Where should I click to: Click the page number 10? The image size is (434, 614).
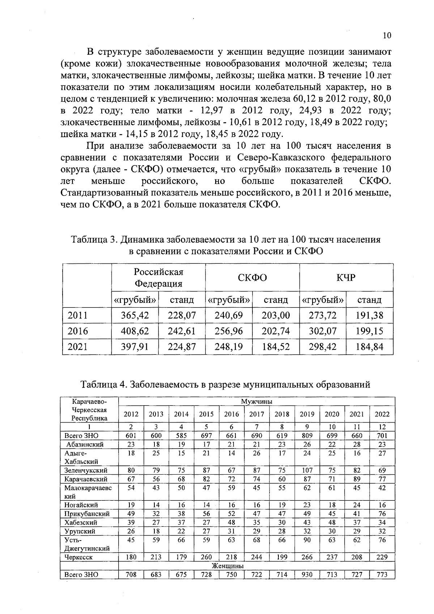[387, 35]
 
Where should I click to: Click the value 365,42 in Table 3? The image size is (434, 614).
[135, 315]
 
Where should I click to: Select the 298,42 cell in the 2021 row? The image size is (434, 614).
[322, 347]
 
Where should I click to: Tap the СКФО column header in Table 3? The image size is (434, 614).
[252, 278]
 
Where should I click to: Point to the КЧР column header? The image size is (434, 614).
[346, 278]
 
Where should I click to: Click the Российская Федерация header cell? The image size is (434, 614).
[158, 278]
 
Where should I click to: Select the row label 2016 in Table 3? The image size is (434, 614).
[78, 331]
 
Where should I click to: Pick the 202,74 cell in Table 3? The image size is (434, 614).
[276, 331]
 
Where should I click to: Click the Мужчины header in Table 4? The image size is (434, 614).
[256, 401]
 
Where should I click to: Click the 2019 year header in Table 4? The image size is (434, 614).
[307, 414]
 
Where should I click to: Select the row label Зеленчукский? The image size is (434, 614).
[81, 470]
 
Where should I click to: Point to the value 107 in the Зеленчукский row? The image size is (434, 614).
[307, 470]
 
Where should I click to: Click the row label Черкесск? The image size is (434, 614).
[78, 557]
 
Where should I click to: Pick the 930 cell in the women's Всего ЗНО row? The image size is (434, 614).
[307, 574]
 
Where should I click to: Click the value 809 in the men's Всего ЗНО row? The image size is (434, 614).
[307, 436]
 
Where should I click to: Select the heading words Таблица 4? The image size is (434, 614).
[103, 384]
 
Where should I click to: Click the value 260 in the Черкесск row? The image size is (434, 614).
[207, 557]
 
